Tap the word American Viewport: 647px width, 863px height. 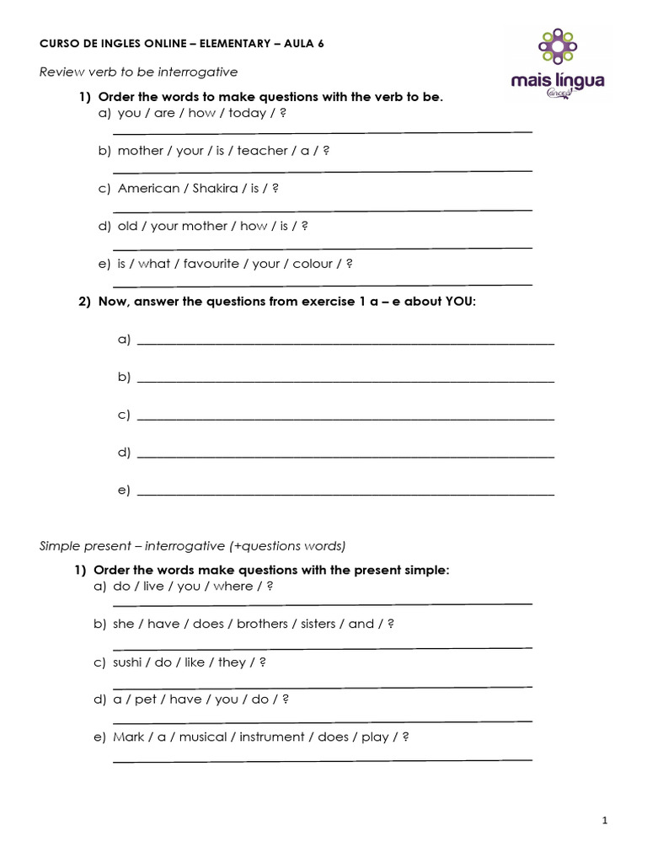point(148,189)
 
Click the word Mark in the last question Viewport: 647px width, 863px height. point(128,737)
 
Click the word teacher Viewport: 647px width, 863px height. point(262,151)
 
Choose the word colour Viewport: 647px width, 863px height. point(313,264)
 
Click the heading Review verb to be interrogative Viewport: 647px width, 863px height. point(139,72)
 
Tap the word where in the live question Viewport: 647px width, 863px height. point(233,587)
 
